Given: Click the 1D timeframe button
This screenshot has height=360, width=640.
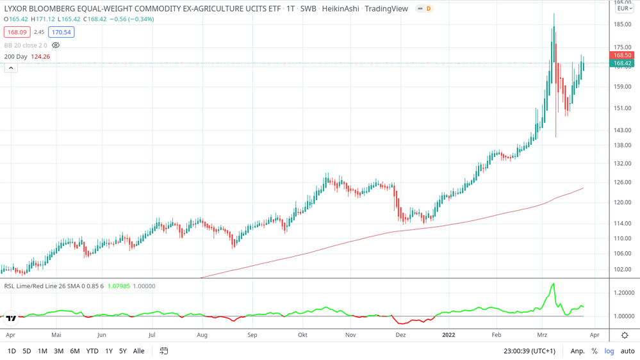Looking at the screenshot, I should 12,351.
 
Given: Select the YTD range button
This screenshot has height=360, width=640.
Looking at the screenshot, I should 92,351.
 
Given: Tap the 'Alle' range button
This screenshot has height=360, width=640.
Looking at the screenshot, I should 138,351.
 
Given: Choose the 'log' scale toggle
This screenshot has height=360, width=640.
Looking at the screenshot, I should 609,351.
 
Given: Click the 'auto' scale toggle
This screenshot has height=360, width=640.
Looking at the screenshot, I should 627,351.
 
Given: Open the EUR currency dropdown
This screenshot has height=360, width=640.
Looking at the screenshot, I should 625,8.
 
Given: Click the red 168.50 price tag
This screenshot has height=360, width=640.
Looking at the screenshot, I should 622,56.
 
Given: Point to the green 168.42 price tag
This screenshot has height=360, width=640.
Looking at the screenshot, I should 622,63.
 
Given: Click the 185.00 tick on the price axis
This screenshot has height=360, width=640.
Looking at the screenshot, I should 622,24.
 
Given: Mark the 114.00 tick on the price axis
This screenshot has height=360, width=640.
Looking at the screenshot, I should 622,224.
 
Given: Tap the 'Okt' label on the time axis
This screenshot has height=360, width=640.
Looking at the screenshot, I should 302,335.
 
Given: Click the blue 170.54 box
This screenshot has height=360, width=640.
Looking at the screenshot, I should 62,32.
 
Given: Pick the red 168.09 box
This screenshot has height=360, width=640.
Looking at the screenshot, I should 17,32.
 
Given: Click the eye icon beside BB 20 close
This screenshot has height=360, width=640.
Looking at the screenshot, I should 56,45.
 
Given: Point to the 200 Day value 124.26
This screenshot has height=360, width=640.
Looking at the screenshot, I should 40,56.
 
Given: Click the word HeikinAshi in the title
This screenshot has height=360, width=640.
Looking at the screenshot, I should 341,9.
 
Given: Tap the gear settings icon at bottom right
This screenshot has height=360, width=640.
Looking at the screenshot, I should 625,335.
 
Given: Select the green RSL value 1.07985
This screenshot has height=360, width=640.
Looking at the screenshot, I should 118,286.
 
